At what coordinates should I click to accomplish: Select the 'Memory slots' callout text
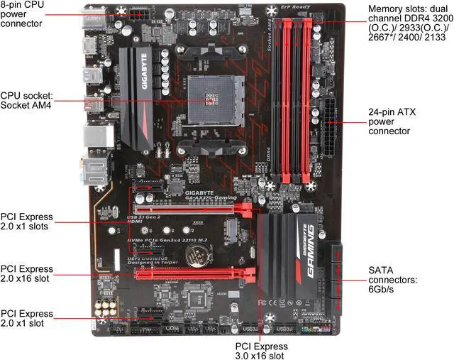[408, 32]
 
